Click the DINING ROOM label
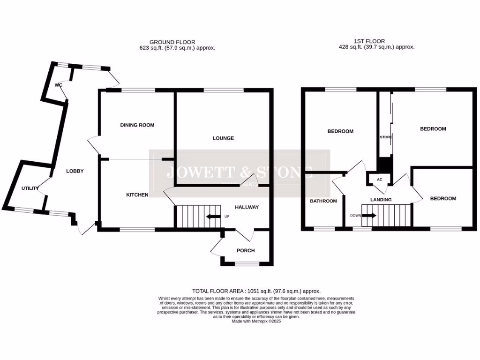pos(137,125)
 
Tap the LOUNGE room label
pos(223,138)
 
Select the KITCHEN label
pos(137,195)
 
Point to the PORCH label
pos(246,250)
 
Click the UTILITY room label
pos(30,188)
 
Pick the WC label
pos(58,85)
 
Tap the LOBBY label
pos(75,171)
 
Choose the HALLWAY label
pos(247,207)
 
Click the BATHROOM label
pos(323,201)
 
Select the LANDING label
pos(381,200)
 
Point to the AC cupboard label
pos(379,179)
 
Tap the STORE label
pos(386,137)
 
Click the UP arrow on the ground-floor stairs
pos(214,217)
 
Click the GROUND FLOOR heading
pos(172,42)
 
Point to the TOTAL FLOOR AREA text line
pos(256,291)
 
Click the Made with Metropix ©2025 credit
pos(256,321)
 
